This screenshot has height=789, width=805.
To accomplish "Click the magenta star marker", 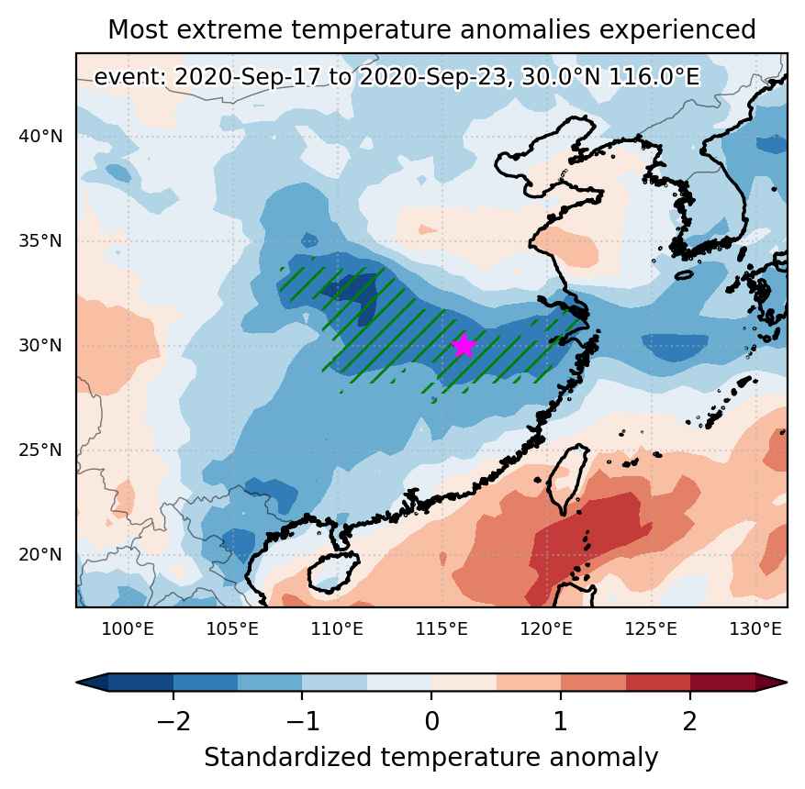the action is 464,345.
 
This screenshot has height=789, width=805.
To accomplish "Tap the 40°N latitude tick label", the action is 40,137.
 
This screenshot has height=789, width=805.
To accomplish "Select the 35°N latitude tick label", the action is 40,240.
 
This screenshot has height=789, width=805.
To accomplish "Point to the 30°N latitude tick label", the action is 40,345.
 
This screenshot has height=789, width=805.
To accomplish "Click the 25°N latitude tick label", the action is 40,450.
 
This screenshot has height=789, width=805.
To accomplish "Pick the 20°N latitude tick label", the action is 40,554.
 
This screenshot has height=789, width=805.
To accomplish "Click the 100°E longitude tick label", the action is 128,629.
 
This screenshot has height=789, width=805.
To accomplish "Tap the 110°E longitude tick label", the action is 337,629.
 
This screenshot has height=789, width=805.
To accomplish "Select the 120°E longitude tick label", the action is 546,629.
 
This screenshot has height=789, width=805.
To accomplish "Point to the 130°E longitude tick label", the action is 755,629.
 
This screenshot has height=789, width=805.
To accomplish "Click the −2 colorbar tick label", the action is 173,721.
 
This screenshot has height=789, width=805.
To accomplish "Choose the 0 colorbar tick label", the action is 431,721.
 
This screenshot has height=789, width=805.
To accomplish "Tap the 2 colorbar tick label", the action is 690,721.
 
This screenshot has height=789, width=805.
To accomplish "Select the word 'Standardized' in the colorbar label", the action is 287,757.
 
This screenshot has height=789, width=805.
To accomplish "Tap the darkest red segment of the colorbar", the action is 722,683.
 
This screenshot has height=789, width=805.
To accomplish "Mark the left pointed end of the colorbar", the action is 77,683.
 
